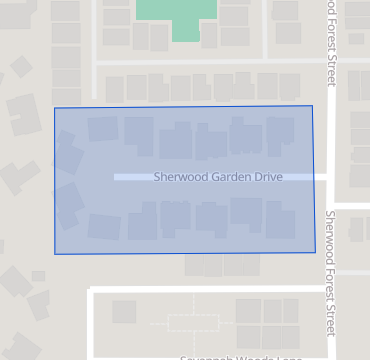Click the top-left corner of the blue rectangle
(54, 108)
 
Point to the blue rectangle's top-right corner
(312, 105)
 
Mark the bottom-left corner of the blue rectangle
(54, 254)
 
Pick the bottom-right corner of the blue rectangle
(317, 251)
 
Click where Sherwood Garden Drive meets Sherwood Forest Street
(331, 177)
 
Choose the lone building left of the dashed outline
(124, 312)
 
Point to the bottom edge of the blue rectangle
(185, 252)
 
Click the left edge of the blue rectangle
(54, 180)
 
